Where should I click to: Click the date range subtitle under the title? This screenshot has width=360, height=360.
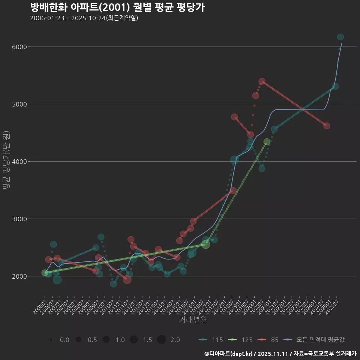84,18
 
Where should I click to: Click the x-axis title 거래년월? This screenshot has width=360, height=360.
193,319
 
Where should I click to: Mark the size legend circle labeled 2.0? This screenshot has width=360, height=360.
161,340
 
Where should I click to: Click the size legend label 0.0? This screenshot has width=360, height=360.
64,340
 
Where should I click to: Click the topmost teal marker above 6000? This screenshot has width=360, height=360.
340,37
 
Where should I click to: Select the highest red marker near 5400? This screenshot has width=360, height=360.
262,81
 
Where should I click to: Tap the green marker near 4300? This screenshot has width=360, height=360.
267,142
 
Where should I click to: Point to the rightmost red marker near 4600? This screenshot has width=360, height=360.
327,126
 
